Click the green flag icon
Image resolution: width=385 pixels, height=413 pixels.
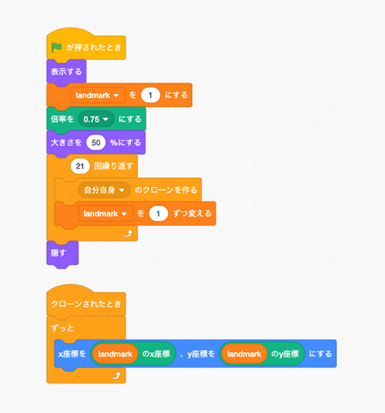point(56,48)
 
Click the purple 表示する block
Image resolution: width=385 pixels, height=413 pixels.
point(66,72)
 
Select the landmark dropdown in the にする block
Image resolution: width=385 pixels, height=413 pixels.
point(97,95)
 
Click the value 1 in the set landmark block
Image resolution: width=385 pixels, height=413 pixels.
point(150,95)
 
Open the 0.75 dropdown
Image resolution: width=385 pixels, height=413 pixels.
point(96,119)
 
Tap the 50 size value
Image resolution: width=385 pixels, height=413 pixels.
point(96,143)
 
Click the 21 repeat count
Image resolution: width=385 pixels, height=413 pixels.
point(80,166)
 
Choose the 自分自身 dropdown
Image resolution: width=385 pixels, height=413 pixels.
point(104,190)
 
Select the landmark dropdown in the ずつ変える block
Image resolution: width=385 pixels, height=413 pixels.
point(105,213)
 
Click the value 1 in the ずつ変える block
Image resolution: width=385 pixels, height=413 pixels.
point(158,213)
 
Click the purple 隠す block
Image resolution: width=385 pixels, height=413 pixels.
point(62,253)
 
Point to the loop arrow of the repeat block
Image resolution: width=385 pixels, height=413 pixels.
point(128,233)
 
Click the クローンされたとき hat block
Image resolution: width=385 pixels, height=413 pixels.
point(86,303)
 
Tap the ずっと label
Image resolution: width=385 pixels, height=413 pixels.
point(62,328)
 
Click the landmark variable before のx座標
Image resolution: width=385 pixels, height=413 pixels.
point(115,354)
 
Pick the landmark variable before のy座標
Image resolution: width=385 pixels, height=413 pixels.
point(244,354)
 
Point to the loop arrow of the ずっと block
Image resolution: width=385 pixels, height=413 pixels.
point(116,375)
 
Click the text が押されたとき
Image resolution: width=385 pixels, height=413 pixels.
point(94,48)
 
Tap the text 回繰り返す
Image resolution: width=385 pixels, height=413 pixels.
point(114,166)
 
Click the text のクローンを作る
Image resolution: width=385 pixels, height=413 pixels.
point(166,190)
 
